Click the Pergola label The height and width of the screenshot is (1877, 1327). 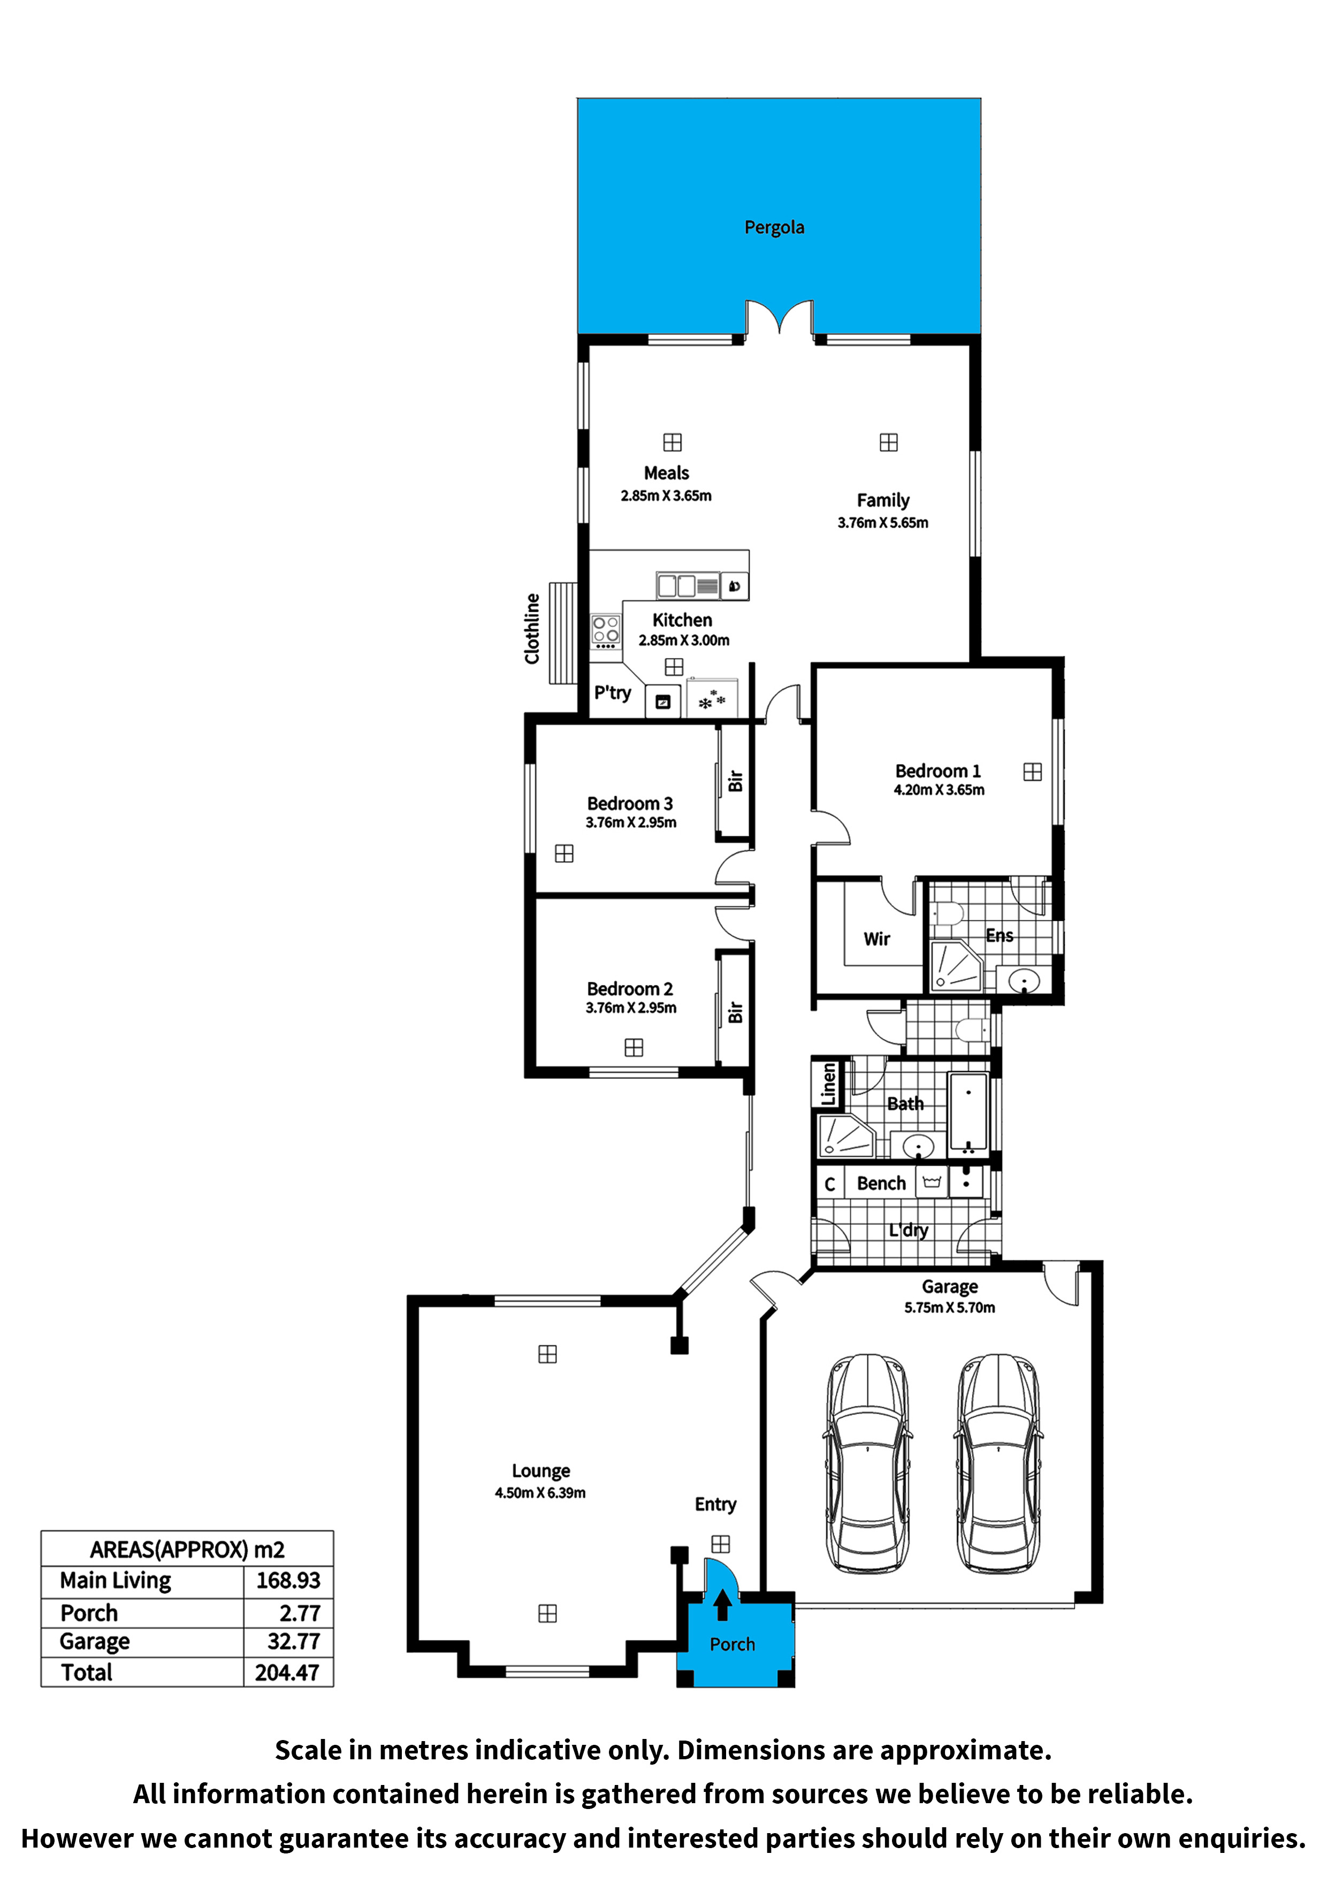click(x=774, y=227)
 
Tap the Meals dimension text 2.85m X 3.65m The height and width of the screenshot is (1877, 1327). click(x=666, y=495)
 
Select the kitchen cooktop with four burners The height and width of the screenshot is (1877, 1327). click(x=606, y=631)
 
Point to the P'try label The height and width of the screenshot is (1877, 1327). click(x=612, y=693)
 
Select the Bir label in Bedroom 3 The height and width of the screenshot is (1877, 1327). click(x=735, y=781)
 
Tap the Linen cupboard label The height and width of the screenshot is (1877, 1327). click(x=828, y=1084)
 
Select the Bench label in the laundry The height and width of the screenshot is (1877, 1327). click(x=881, y=1183)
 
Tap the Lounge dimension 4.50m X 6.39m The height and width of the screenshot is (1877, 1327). click(x=540, y=1493)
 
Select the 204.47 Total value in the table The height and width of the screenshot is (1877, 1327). click(x=287, y=1673)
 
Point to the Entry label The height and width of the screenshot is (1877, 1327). click(x=715, y=1504)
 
